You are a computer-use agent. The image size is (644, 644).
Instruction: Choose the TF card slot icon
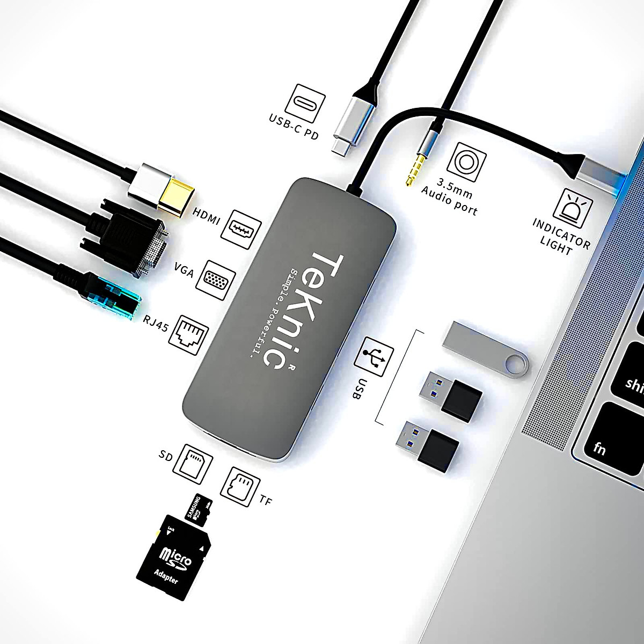[x=237, y=486]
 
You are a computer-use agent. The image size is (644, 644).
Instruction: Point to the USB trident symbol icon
[x=374, y=356]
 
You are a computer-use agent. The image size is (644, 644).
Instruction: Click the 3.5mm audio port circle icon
[x=466, y=161]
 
